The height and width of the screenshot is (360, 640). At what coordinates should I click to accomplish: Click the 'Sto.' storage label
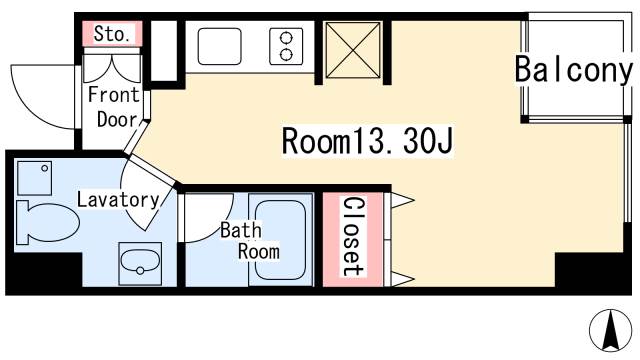(112, 34)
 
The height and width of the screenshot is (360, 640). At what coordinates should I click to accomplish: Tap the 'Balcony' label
(573, 70)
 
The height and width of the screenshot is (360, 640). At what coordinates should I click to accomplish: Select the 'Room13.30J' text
(367, 141)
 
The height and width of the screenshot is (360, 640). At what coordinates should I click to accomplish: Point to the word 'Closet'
(353, 237)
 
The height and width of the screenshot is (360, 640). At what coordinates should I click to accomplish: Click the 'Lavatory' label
(118, 200)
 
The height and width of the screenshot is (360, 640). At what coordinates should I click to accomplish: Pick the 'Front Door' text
(114, 107)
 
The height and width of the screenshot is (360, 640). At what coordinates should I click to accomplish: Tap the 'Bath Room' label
(250, 241)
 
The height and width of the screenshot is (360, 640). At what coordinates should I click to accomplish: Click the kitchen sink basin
(219, 46)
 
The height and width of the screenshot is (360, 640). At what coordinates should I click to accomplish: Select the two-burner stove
(286, 46)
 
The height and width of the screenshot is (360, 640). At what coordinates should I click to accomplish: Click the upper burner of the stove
(286, 38)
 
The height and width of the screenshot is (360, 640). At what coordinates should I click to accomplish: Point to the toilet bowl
(47, 222)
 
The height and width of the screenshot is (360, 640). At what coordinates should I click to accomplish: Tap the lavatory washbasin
(140, 264)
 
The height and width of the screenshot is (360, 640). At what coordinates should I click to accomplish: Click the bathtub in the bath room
(280, 240)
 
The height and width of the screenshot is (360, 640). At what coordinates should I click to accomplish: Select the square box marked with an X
(353, 50)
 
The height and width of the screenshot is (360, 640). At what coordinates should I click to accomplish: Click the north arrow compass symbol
(611, 331)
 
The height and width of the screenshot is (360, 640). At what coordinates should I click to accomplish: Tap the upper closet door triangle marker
(402, 200)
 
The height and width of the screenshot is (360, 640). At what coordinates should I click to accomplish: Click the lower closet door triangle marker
(402, 279)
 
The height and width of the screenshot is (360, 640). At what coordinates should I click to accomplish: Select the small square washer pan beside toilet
(35, 178)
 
